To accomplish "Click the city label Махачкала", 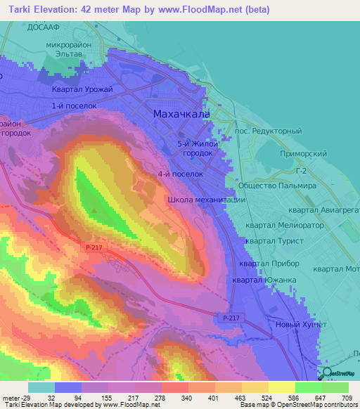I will (x=181, y=114).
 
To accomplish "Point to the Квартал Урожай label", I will (x=81, y=89).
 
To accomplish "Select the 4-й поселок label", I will (x=180, y=173).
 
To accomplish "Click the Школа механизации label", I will (x=206, y=200).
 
